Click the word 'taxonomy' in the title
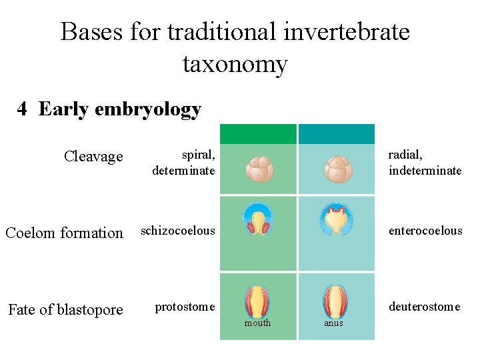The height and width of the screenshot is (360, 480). (235, 65)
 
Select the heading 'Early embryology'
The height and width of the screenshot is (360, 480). (120, 109)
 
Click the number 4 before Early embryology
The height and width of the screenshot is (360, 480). (23, 109)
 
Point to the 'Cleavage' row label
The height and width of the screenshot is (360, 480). (93, 157)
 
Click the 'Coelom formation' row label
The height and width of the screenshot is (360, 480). (64, 233)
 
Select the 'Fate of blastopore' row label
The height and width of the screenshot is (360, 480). (65, 310)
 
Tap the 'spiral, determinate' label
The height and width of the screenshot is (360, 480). (184, 163)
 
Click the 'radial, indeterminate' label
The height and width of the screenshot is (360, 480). (425, 163)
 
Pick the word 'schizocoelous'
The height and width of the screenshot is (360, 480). (178, 231)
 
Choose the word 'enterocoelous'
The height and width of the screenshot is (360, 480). (425, 231)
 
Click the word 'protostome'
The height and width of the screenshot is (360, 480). (185, 307)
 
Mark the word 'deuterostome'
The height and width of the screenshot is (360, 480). (425, 307)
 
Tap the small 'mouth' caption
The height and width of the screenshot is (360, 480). (257, 323)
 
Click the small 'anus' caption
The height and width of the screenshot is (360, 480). (333, 323)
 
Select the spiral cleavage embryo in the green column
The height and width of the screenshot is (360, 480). (259, 169)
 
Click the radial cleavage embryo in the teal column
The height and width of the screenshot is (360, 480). (338, 169)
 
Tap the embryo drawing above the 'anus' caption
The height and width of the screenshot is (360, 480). (335, 301)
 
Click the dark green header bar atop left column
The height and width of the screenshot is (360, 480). (258, 134)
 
